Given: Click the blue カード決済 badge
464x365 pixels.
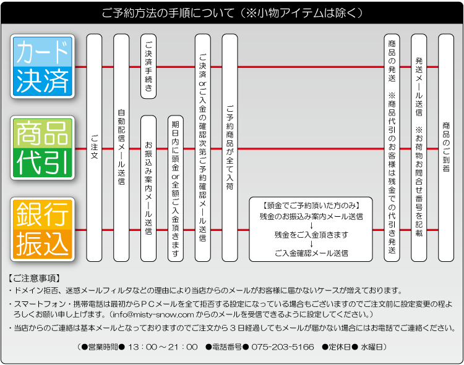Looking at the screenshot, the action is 43,66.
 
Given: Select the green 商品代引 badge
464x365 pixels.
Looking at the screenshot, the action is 43,148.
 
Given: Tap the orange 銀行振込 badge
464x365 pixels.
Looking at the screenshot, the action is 43,230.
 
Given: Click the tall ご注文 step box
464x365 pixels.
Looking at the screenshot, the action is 94,148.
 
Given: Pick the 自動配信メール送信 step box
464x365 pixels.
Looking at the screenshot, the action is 121,148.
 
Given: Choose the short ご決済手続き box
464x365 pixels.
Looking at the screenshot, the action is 148,67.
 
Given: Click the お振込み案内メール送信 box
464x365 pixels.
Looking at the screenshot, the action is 148,189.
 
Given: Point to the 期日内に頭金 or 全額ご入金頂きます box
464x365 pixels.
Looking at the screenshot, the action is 176,189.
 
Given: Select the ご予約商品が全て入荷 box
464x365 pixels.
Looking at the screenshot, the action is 230,148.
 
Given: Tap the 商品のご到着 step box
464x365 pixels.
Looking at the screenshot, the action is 446,148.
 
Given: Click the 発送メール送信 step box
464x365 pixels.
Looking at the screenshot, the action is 419,148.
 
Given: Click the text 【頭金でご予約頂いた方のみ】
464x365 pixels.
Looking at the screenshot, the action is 311,206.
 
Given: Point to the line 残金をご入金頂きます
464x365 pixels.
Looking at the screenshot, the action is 311,235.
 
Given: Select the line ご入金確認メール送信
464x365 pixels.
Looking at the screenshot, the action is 311,253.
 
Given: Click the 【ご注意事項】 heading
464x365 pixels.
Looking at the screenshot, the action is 34,278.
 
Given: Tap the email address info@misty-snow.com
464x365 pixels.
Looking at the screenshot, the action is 153,314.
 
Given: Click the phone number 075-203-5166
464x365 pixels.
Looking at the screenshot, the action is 283,346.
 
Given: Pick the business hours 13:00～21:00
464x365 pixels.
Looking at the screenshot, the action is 163,346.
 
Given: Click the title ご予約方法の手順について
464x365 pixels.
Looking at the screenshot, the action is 168,13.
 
